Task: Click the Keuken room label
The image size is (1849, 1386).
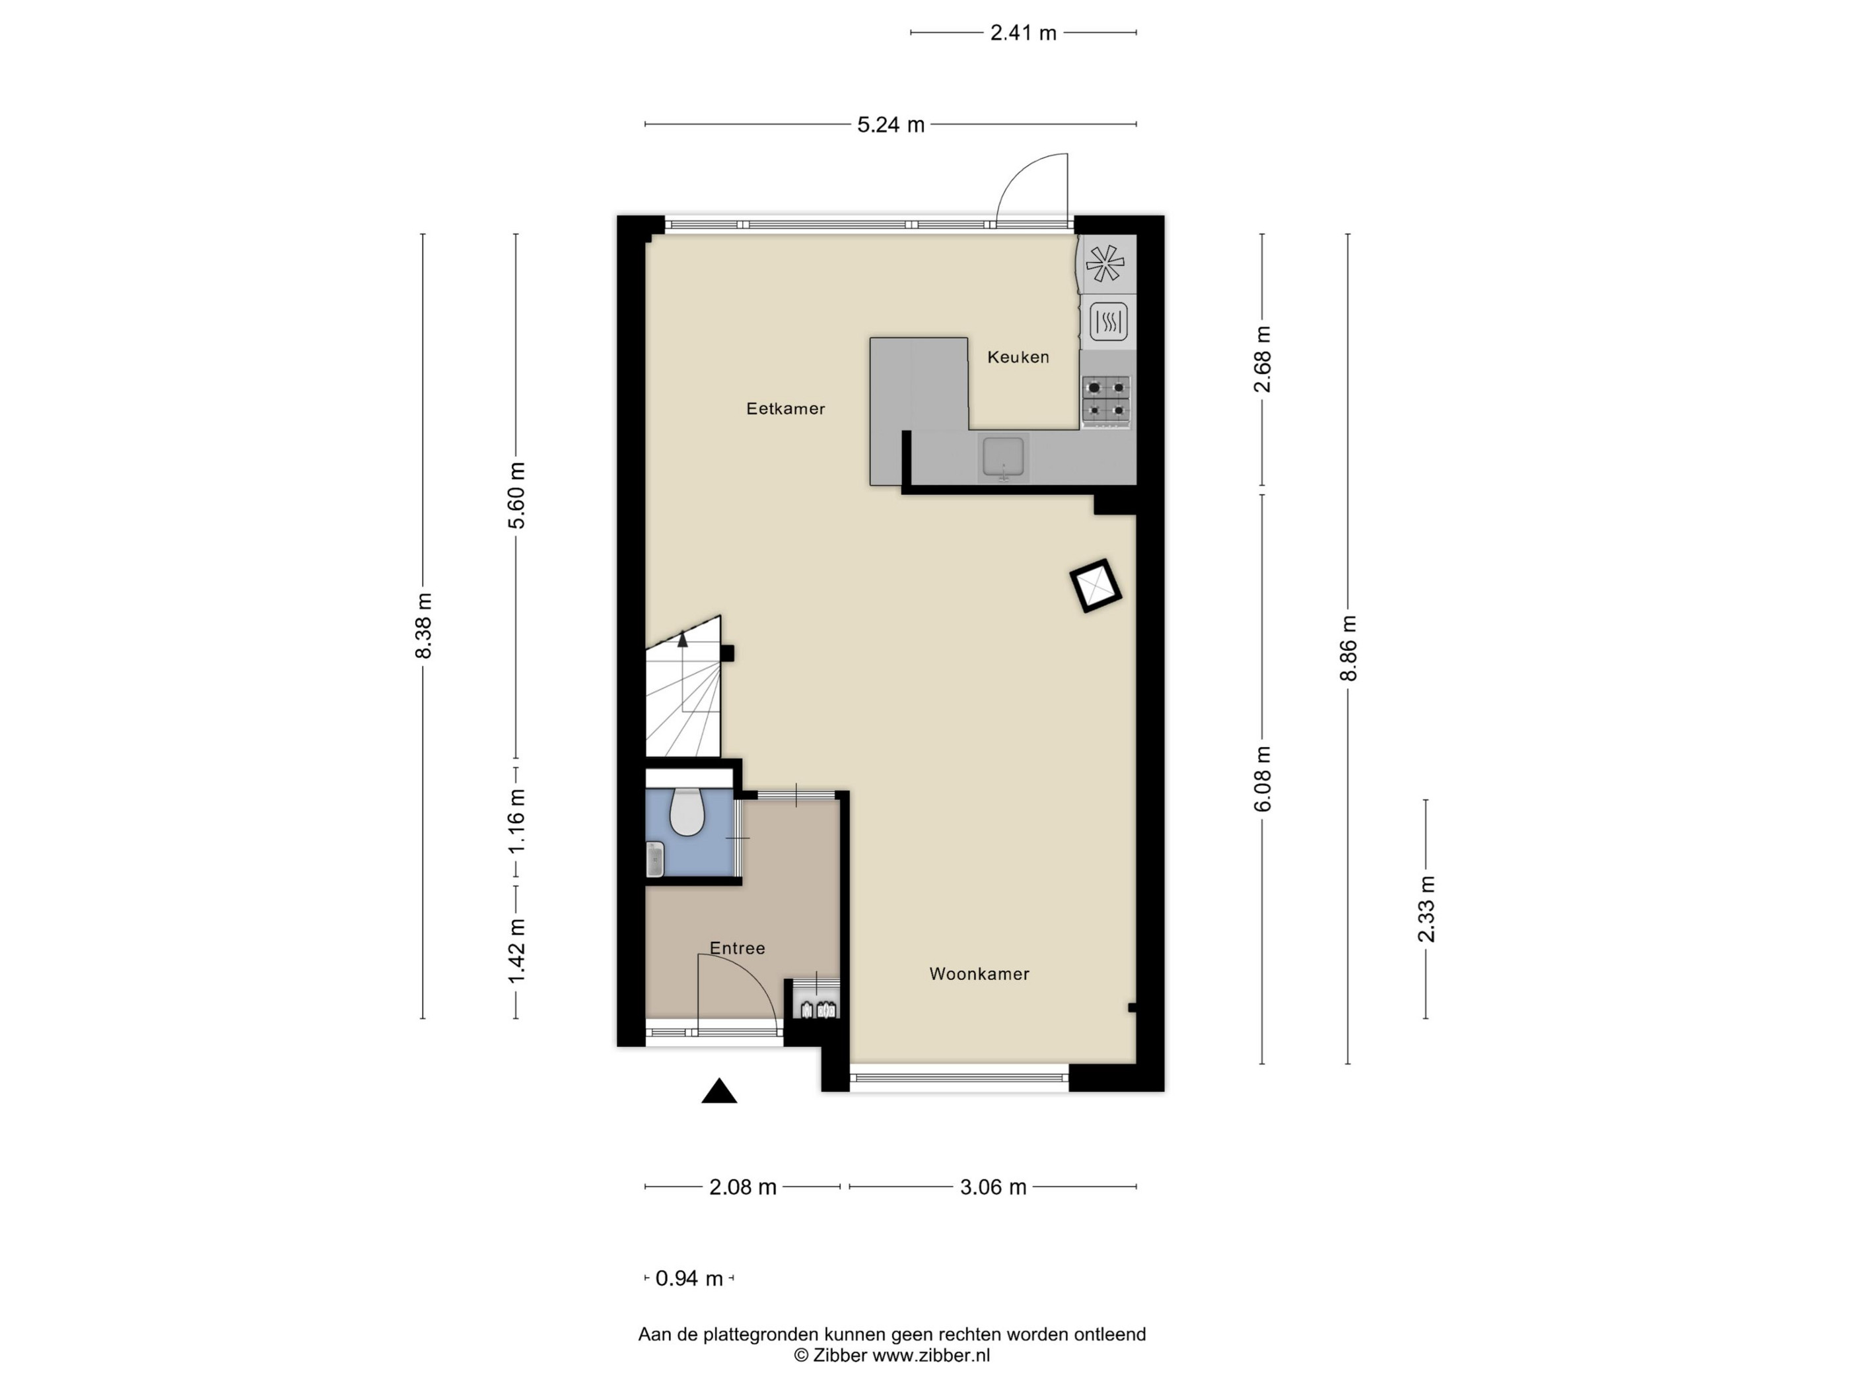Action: click(1018, 357)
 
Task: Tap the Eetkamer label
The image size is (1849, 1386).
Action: click(786, 409)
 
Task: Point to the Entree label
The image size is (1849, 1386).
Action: click(737, 948)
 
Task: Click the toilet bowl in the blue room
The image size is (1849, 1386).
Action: click(687, 811)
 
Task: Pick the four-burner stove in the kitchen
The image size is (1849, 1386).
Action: click(1106, 399)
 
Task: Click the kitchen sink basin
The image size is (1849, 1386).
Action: click(1003, 458)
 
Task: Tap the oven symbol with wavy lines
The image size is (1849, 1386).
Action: click(1108, 321)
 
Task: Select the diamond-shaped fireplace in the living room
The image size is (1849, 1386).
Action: click(1096, 585)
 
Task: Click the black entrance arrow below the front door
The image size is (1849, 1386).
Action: click(719, 1091)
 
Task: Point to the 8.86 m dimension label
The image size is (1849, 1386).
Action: click(1348, 648)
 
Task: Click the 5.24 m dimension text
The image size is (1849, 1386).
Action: click(891, 125)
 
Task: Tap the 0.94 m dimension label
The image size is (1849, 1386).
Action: click(689, 1278)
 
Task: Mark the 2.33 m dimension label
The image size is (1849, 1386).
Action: click(1426, 909)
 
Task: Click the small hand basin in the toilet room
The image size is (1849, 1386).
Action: click(655, 859)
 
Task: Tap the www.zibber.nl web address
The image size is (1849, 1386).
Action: click(931, 1355)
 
